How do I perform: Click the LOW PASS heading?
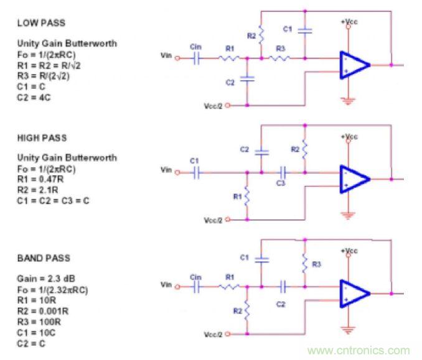click(x=40, y=23)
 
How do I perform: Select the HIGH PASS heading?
click(x=41, y=138)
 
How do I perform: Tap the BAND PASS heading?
click(x=43, y=258)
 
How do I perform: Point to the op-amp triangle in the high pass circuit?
click(x=354, y=179)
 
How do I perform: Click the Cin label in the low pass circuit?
click(x=196, y=46)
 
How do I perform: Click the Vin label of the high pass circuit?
click(x=166, y=170)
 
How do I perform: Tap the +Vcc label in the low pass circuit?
click(x=348, y=22)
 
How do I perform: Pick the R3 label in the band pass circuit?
click(x=317, y=264)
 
